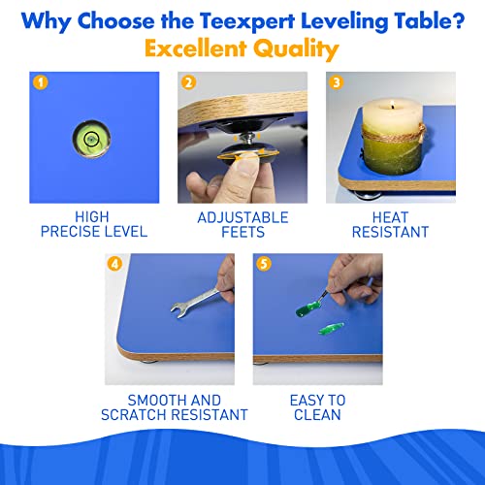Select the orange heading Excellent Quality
[242, 49]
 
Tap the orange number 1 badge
[40, 81]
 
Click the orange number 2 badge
[187, 81]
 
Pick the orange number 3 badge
[335, 81]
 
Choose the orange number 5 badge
[261, 263]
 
